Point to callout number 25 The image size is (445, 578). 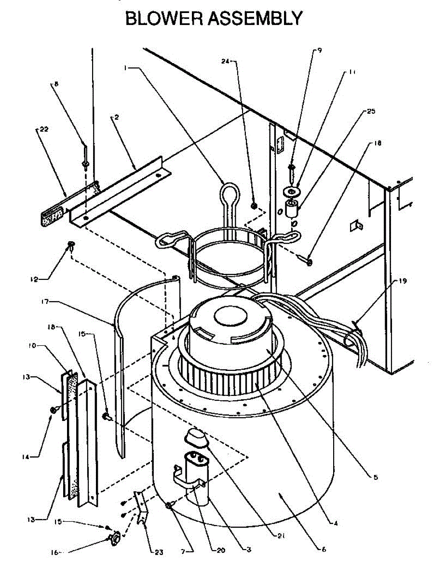[x=371, y=111]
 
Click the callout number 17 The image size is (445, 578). [x=46, y=302]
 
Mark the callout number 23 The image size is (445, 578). [x=159, y=552]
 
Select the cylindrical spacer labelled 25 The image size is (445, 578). [x=292, y=209]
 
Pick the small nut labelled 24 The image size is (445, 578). [x=254, y=206]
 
